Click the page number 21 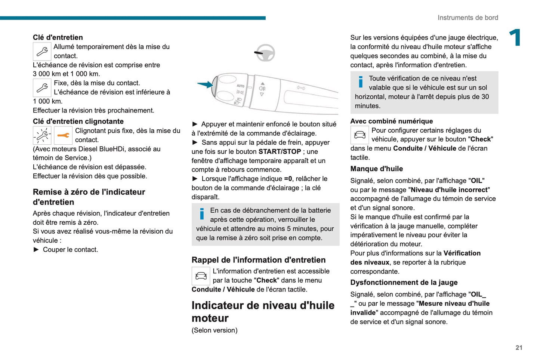tap(519, 347)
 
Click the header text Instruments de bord tap(468, 18)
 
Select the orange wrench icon tap(63, 135)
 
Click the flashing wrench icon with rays tap(42, 135)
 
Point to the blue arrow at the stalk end tap(205, 84)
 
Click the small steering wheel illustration tap(265, 53)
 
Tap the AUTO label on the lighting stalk tap(240, 86)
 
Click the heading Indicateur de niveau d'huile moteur tap(263, 311)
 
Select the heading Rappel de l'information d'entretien tap(258, 260)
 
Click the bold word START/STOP tap(280, 151)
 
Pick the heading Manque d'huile tap(376, 169)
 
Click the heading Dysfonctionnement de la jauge tap(404, 282)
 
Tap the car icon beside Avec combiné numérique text tap(360, 135)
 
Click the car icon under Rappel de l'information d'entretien tap(201, 276)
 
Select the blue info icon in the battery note tap(202, 213)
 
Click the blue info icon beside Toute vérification tap(360, 81)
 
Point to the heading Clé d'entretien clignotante tap(78, 121)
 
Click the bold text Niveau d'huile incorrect tap(449, 190)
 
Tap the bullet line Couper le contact tap(70, 249)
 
